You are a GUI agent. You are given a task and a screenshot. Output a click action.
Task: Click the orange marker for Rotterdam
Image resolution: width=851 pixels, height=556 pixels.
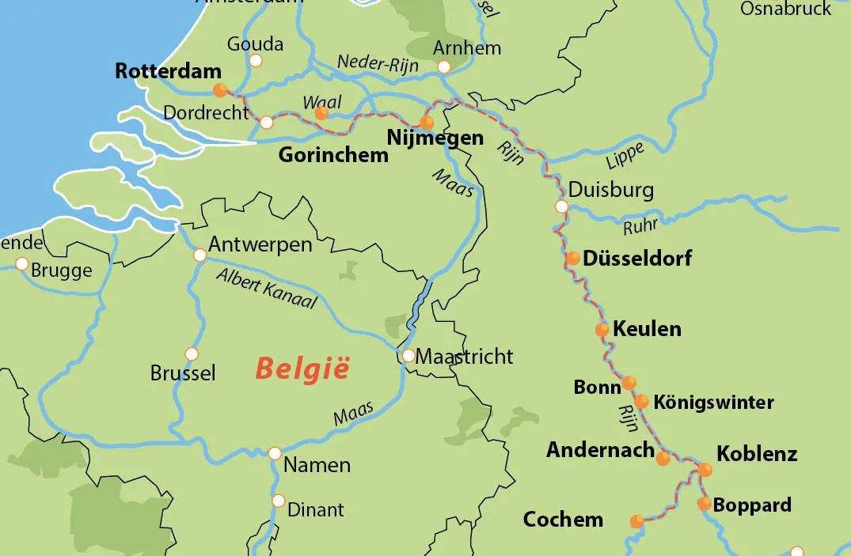coord(220,90)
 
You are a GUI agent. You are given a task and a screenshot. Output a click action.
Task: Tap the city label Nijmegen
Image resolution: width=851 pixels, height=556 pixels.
coord(435,138)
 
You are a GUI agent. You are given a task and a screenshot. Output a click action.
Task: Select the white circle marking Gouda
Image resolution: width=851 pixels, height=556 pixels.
coord(256,60)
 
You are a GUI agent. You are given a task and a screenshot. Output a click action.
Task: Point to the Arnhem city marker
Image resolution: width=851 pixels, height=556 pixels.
coord(444,67)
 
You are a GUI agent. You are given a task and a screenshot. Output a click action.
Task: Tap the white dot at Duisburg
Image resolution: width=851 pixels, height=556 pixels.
coord(561,206)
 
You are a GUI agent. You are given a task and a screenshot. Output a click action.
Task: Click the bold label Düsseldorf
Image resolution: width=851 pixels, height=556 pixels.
coord(637,258)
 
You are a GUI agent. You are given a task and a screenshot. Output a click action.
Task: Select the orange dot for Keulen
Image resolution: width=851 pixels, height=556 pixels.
coord(602,329)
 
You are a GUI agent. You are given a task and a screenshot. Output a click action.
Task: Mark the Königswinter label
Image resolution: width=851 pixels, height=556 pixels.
coord(713,402)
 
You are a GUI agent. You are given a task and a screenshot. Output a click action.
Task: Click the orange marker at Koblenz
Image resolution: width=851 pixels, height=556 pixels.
coord(705,470)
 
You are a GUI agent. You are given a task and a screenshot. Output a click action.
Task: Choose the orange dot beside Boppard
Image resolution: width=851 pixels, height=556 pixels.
coord(704,504)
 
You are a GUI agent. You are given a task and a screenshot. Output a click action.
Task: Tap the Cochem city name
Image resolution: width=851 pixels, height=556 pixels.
coord(563,520)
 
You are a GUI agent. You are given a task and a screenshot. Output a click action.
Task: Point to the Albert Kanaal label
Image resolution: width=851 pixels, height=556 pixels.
coord(266,289)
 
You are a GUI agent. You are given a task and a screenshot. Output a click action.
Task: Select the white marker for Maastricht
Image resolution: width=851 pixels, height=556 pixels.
coord(408,356)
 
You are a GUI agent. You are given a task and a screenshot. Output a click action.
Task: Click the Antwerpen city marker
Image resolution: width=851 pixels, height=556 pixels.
coord(200,255)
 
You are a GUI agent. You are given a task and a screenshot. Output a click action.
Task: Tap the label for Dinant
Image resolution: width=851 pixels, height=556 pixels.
coord(315,510)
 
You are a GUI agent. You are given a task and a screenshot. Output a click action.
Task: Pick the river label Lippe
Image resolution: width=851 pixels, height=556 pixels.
coord(625,156)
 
